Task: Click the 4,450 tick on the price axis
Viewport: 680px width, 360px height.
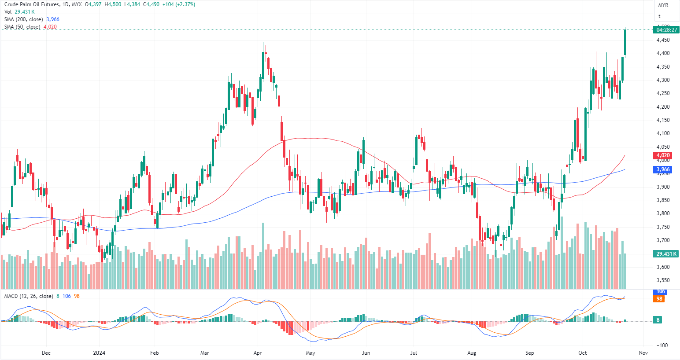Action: [x=663, y=40]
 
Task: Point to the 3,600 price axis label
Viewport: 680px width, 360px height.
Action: [x=663, y=267]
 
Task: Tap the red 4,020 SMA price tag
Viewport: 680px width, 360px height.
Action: [x=663, y=155]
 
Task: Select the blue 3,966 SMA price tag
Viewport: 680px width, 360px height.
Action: [x=663, y=169]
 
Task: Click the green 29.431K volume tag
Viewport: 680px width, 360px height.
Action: [x=666, y=254]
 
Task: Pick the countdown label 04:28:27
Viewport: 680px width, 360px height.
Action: [x=666, y=30]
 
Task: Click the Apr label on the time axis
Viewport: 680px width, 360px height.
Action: [x=258, y=353]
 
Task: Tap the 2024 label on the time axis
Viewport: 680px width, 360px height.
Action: [x=100, y=353]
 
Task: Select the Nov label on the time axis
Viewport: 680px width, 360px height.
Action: [x=643, y=353]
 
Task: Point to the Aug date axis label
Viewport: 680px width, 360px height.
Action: [x=472, y=353]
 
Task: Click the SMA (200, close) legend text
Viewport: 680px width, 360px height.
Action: [x=24, y=19]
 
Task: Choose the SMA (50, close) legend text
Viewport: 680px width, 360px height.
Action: [x=22, y=27]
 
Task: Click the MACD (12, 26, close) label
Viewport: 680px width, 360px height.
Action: [x=29, y=296]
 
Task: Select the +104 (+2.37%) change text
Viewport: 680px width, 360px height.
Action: [x=178, y=4]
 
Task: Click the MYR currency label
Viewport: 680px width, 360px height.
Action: [x=663, y=5]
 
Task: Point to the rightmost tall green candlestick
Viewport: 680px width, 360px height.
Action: [x=625, y=42]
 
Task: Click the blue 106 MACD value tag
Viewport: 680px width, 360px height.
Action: [x=661, y=292]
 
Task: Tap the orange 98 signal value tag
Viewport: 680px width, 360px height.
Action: [x=660, y=299]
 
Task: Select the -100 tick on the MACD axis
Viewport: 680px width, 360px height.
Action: [x=663, y=345]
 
